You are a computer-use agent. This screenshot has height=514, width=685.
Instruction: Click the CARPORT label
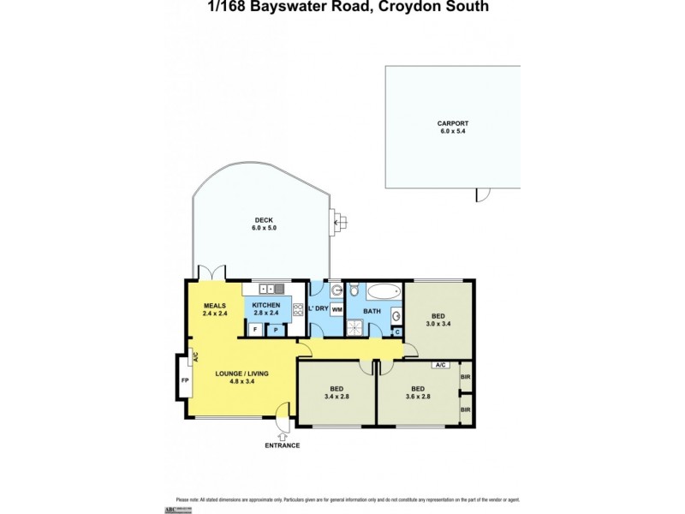(x=453, y=123)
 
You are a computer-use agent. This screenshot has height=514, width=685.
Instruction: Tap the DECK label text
(x=264, y=219)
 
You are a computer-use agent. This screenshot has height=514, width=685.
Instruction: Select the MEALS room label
(x=213, y=305)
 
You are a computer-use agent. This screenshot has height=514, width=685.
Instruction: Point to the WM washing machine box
(x=337, y=309)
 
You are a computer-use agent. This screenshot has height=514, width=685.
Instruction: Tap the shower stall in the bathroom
(x=354, y=326)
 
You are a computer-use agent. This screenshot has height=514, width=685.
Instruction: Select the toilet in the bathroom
(x=354, y=290)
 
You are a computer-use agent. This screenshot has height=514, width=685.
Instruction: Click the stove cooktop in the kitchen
(x=297, y=310)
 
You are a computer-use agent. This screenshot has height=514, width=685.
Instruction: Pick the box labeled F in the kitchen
(x=254, y=329)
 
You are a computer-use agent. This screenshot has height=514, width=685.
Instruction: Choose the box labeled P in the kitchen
(x=277, y=329)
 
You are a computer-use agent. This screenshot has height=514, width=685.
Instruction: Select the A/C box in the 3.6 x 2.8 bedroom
(x=441, y=365)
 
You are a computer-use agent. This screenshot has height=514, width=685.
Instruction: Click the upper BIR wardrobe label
(x=465, y=376)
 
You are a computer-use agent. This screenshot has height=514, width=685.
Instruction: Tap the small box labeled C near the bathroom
(x=397, y=332)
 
